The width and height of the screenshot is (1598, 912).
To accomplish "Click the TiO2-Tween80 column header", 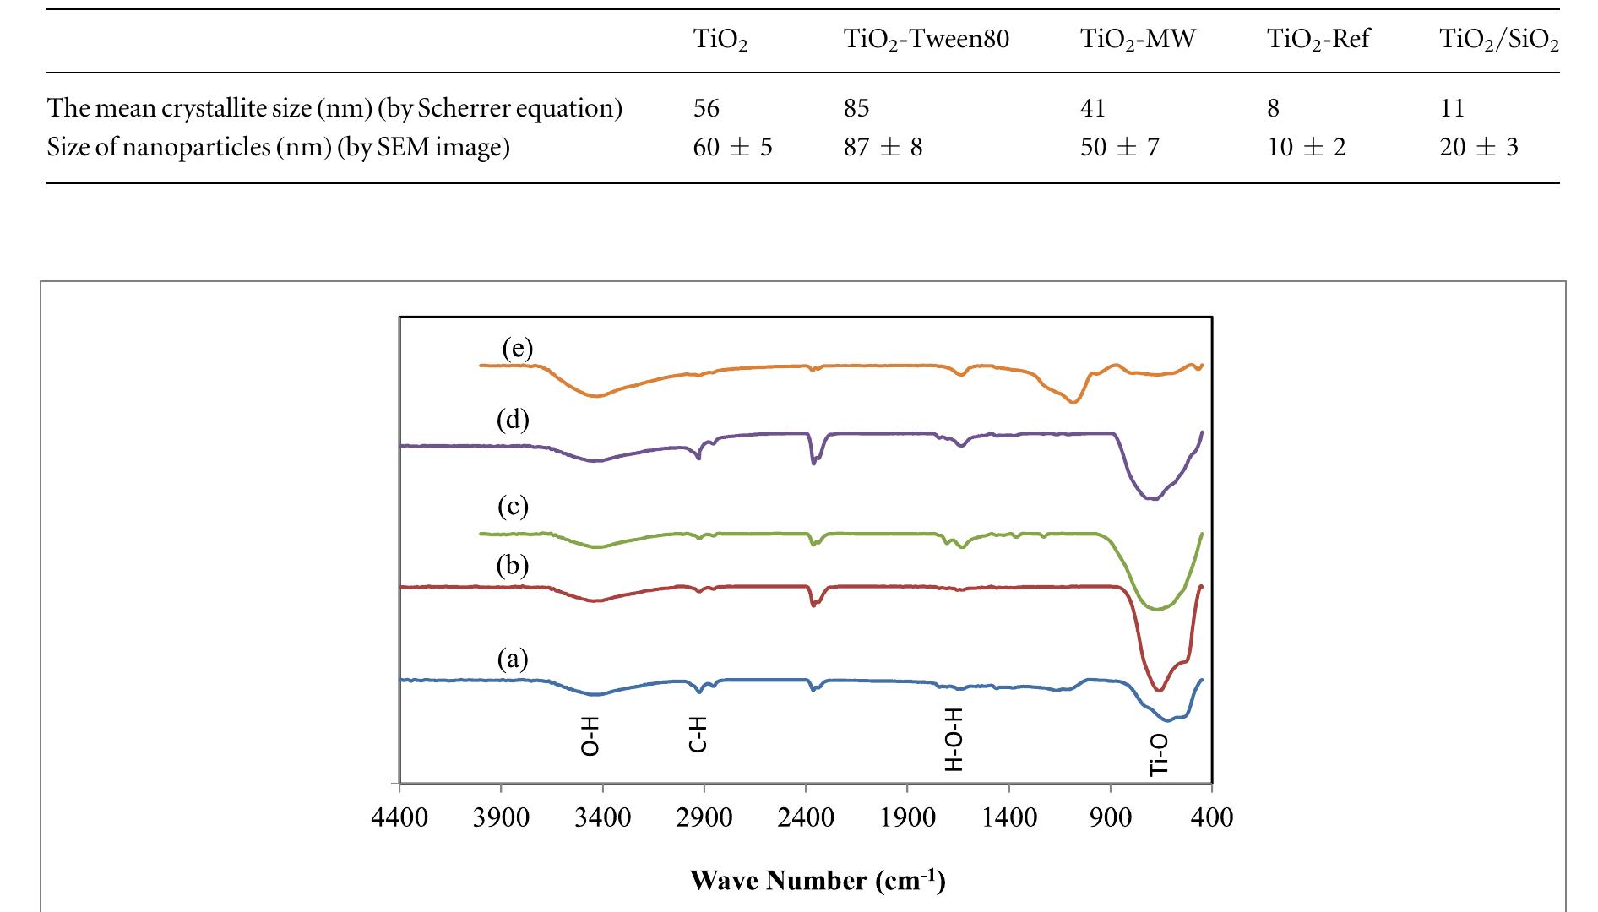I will [x=927, y=40].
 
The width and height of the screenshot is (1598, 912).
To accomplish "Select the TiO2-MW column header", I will [x=1138, y=40].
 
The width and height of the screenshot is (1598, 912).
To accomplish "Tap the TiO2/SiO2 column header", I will [x=1498, y=40].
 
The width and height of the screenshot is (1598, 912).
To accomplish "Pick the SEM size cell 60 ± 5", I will [x=732, y=148].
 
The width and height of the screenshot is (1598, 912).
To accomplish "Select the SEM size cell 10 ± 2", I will [x=1306, y=148].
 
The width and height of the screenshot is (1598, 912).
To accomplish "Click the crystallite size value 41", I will [x=1093, y=108].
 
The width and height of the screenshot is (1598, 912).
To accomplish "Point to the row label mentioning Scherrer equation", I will [x=334, y=108].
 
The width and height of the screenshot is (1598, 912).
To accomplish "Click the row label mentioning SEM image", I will [x=278, y=148].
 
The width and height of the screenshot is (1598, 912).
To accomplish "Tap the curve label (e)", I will [x=517, y=349].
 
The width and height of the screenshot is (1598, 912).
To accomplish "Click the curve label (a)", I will [x=512, y=658].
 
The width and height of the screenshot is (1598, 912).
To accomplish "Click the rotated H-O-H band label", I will [x=953, y=740].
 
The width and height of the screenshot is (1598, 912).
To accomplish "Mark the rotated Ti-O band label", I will [x=1160, y=753].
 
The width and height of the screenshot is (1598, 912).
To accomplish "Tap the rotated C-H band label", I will [x=698, y=733].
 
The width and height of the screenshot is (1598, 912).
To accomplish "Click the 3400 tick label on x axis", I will [x=602, y=817].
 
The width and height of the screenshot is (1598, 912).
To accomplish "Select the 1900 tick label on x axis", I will [x=907, y=817].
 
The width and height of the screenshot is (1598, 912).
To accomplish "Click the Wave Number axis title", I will [x=818, y=880].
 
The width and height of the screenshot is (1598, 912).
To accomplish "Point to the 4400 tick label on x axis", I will [x=399, y=817].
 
